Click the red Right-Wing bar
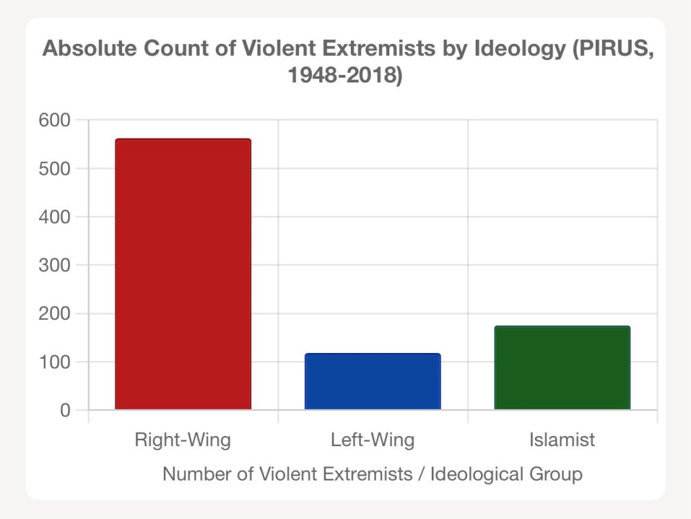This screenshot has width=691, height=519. point(183,274)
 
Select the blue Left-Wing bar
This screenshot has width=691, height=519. point(372,381)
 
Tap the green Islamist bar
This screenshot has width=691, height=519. point(562,368)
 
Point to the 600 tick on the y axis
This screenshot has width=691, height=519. point(56,120)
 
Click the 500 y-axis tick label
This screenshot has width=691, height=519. point(56,169)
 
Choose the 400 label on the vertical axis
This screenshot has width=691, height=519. point(56,217)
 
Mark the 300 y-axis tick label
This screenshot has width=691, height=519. point(56,265)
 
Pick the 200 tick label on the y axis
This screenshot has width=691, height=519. point(56,314)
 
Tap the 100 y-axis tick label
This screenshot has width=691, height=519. point(56,362)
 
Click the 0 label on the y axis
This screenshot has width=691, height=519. point(65,410)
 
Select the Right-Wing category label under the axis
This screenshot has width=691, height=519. point(183,441)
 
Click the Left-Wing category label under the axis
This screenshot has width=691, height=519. point(372,441)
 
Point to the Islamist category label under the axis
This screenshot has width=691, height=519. point(562,441)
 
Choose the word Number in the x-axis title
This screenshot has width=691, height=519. point(196,474)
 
